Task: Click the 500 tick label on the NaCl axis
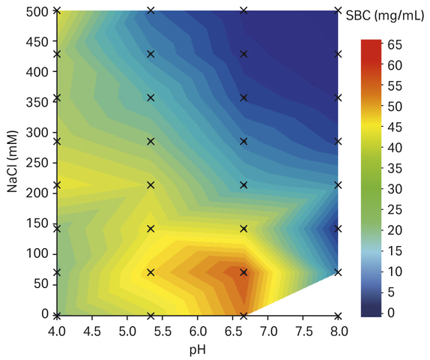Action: point(37,12)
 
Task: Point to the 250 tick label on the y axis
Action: point(37,163)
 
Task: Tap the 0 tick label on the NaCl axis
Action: point(45,313)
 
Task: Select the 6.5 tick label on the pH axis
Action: point(233,331)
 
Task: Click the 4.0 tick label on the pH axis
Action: point(57,331)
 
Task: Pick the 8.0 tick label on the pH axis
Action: point(339,331)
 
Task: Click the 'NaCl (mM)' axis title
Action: point(12,161)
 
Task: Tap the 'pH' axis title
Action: point(198,351)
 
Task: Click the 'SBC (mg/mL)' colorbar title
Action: point(385,16)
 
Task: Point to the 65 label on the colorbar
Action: point(395,45)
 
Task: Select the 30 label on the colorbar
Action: point(395,189)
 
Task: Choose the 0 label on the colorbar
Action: point(391,313)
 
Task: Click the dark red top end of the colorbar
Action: point(371,42)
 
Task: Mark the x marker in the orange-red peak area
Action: point(243,273)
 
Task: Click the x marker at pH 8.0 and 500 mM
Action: point(339,10)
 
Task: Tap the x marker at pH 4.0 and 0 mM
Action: point(57,316)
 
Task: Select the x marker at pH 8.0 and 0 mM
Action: point(339,316)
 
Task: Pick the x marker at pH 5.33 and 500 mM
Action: point(151,10)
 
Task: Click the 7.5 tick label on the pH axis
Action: point(303,331)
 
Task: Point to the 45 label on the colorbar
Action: point(395,127)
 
